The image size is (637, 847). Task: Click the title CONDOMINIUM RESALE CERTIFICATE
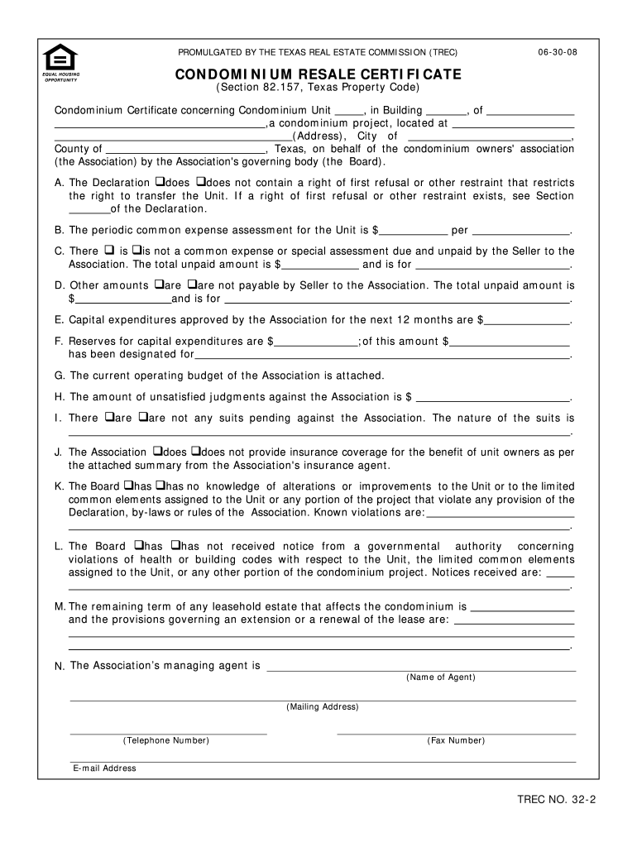coord(318,74)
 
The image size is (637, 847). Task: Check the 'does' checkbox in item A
coord(158,182)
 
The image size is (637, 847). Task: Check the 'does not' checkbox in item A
coord(199,182)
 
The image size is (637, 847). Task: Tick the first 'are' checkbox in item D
coord(158,285)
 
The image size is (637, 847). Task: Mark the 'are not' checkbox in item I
coord(142,418)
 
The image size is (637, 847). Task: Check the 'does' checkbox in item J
coord(157,452)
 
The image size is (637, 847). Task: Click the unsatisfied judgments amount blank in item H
coord(496,397)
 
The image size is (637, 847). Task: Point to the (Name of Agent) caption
coord(440,677)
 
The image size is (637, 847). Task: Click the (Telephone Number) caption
coord(165,740)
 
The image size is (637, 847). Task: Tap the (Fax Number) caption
coord(456,740)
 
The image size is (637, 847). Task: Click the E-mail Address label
coord(104,768)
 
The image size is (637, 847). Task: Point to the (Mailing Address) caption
coord(323,707)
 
